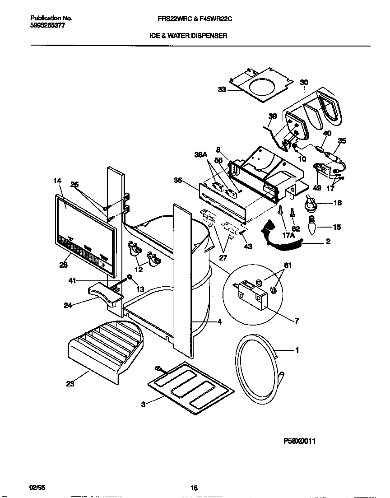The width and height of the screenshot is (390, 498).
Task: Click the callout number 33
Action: coord(222,90)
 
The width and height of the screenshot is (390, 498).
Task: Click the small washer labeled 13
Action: coord(130,278)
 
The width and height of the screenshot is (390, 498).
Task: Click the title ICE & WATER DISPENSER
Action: coord(188,35)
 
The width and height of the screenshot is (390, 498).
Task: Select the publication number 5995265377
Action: coord(47,26)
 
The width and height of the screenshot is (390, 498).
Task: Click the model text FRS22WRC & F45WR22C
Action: coord(194,19)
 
